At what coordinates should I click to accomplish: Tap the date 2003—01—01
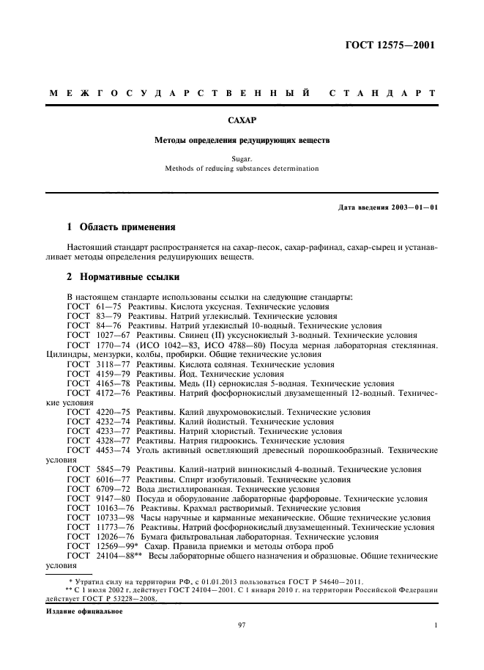pyautogui.click(x=414, y=207)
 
